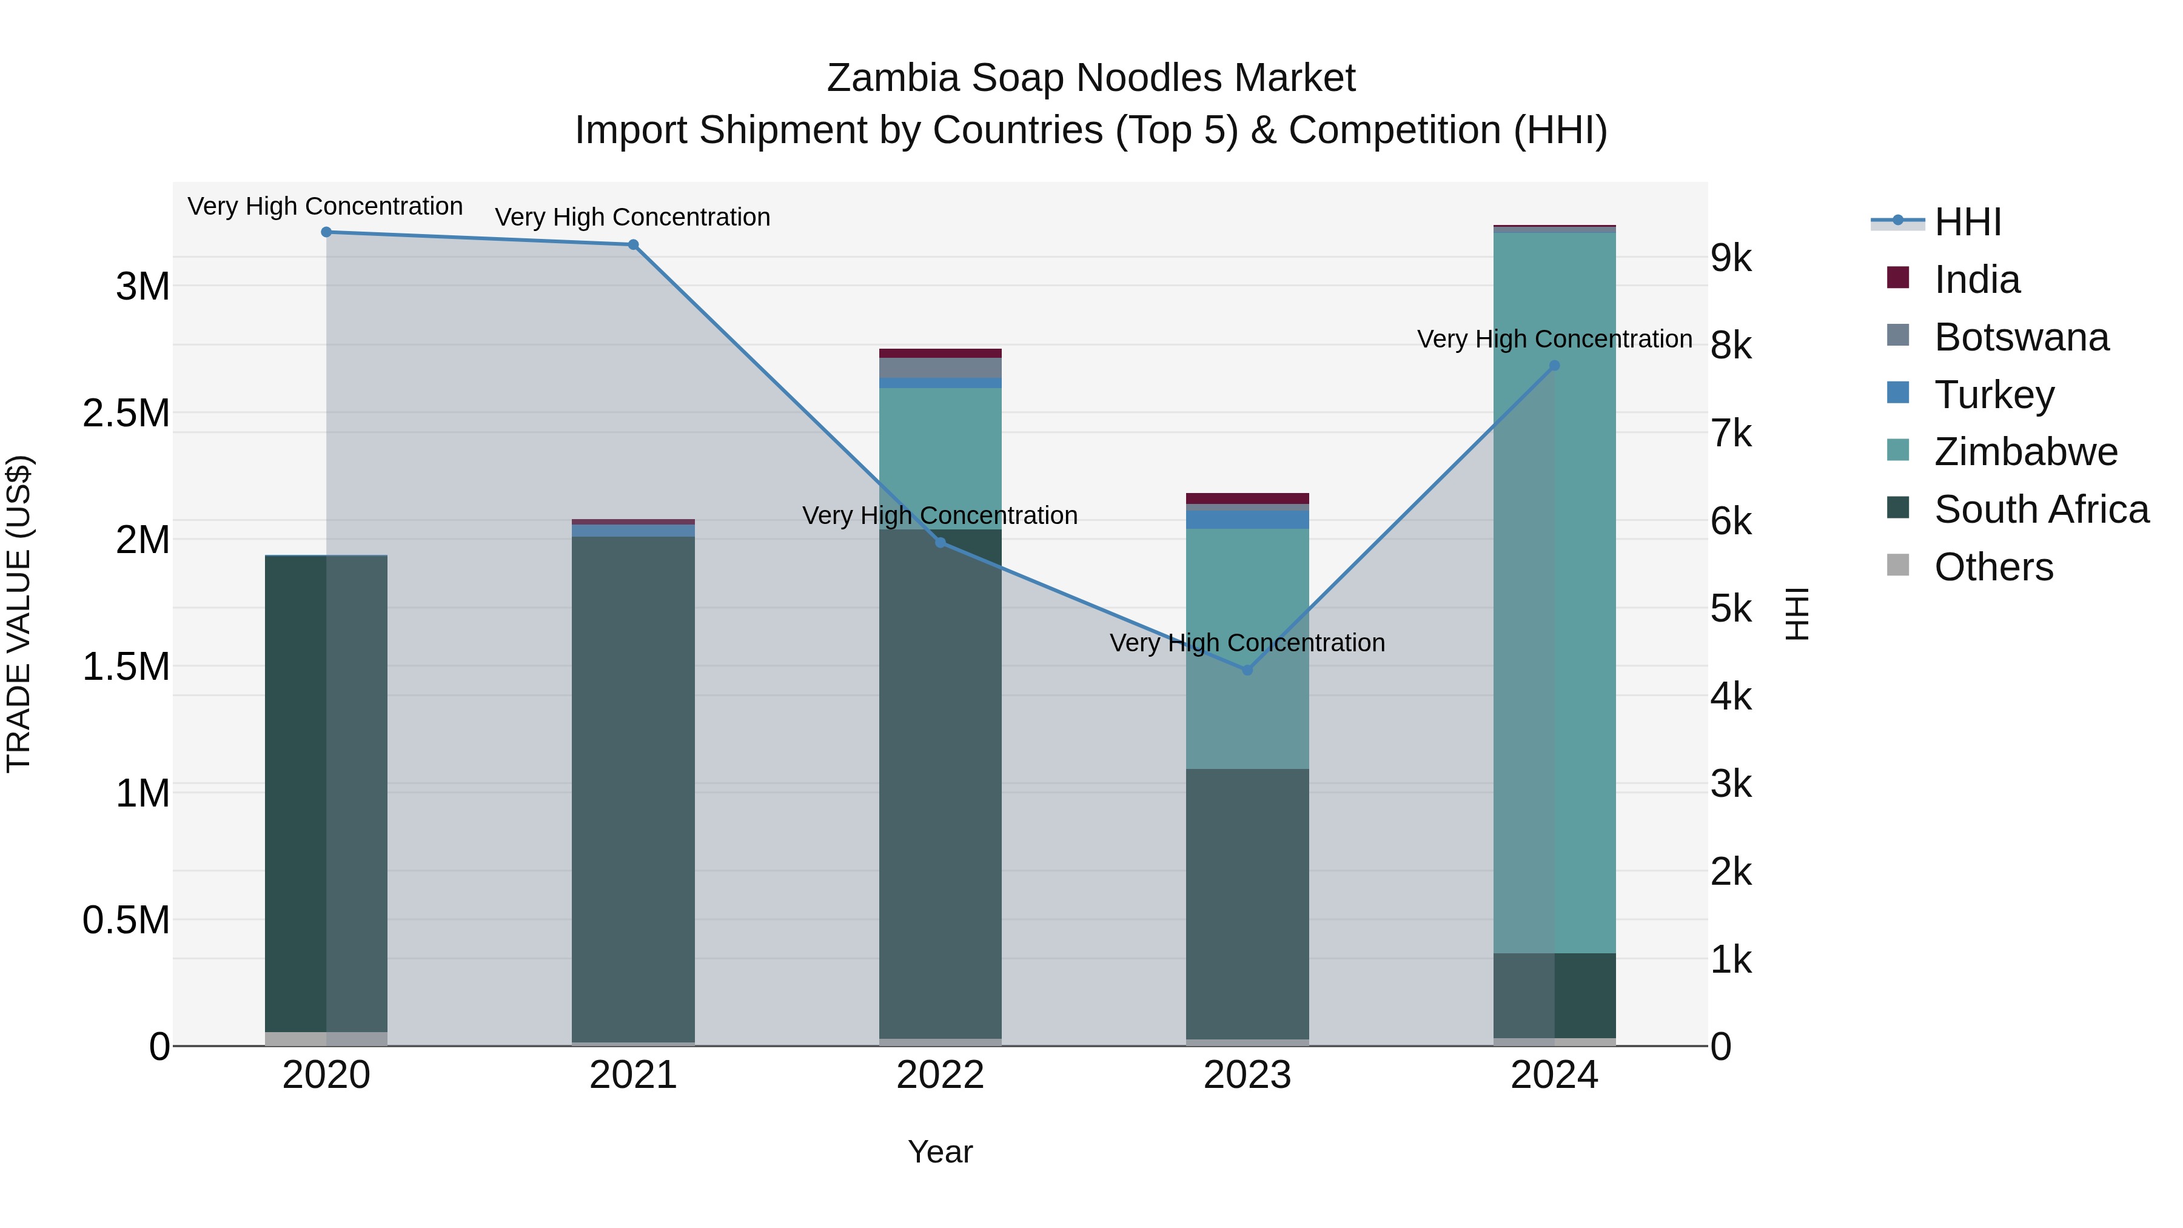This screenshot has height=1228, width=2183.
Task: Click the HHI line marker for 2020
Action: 326,232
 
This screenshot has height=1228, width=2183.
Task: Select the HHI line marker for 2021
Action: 633,245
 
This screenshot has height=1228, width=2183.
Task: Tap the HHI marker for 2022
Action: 940,542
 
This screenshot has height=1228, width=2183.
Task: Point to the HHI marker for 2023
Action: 1247,670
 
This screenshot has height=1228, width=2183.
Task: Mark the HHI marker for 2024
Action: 1554,366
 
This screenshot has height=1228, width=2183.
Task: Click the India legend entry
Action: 1976,280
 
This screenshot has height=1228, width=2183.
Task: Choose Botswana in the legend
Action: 2020,337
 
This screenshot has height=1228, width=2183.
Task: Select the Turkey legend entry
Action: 1993,395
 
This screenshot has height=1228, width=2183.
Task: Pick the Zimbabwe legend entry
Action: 2025,452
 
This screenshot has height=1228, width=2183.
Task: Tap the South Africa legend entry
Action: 2040,509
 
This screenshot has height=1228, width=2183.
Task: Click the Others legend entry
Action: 1993,567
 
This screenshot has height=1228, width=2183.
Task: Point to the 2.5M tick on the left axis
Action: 126,414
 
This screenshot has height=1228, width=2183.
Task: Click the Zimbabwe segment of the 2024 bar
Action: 1554,593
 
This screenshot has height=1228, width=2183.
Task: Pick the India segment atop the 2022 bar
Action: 940,354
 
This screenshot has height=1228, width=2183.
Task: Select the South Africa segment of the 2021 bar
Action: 633,788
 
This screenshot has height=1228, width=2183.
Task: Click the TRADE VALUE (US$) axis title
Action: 19,614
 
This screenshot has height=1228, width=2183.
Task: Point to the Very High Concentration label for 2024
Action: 1554,339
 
